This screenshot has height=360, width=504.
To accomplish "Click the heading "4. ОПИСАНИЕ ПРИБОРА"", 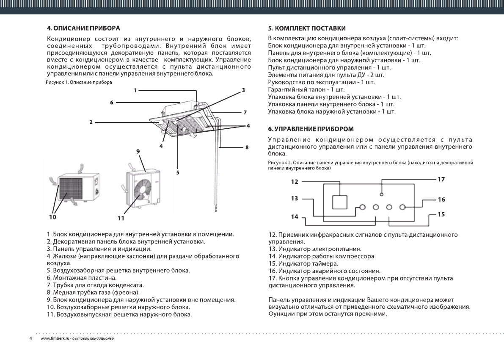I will click(84, 28).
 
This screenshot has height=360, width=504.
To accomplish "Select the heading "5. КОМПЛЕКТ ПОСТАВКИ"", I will click(307, 28).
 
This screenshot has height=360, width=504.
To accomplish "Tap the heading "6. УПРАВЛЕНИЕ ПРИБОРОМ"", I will click(311, 128).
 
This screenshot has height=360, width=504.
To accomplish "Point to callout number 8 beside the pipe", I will click(247, 147).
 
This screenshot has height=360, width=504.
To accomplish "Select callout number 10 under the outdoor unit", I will click(52, 217).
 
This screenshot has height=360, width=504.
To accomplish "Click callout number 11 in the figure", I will click(121, 219).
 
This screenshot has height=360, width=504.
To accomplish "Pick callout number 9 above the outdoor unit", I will click(138, 151).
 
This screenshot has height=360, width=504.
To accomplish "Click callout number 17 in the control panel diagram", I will click(441, 180).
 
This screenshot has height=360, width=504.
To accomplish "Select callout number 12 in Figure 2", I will click(295, 182).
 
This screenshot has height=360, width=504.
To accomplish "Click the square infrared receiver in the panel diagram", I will click(339, 202).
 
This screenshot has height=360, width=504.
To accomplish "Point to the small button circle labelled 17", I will click(381, 194).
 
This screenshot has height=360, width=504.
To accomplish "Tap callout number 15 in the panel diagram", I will click(441, 214).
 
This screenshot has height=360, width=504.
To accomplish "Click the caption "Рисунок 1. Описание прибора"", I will click(79, 82).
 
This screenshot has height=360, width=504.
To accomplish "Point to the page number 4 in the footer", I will click(30, 339).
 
